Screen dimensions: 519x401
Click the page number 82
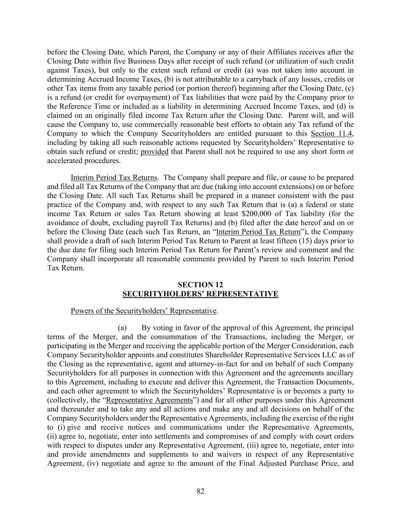click(200, 491)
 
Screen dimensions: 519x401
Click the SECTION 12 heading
click(200, 285)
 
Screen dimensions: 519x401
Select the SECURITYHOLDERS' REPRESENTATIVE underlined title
click(200, 294)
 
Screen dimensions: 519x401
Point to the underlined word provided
click(154, 152)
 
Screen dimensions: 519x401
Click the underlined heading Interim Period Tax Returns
click(114, 178)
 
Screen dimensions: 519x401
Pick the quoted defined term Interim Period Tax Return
click(258, 232)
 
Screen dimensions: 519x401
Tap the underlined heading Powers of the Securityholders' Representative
click(144, 311)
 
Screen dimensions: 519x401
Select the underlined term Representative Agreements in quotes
click(149, 400)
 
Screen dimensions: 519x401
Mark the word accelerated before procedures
click(63, 160)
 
